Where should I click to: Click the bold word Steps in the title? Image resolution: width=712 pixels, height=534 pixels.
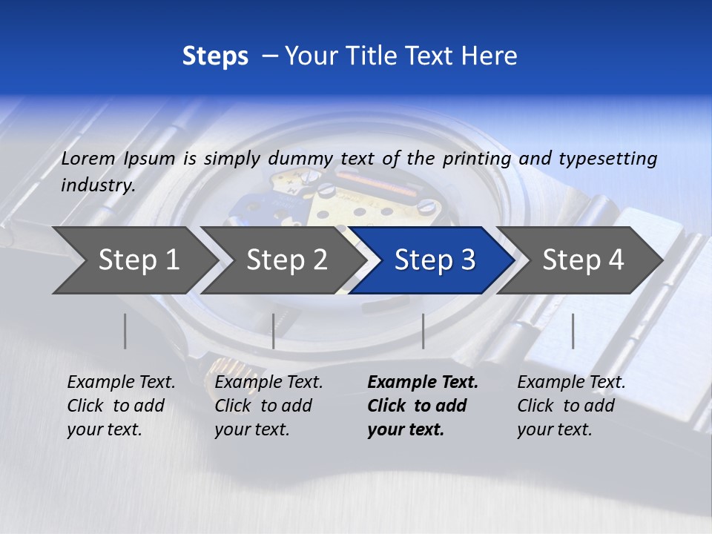tap(215, 56)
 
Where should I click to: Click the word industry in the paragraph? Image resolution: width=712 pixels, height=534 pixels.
tap(97, 185)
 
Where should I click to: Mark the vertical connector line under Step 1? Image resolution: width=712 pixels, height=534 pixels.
tap(125, 331)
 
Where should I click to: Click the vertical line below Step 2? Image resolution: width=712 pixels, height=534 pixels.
tap(274, 331)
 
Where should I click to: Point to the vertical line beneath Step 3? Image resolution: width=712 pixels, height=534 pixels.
tap(423, 331)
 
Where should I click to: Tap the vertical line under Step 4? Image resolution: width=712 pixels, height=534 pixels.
tap(573, 331)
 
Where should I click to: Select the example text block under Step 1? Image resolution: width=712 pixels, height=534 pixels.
tap(121, 406)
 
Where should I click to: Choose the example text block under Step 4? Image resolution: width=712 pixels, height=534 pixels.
tap(571, 406)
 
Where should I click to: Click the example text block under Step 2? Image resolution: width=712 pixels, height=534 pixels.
tap(268, 406)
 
